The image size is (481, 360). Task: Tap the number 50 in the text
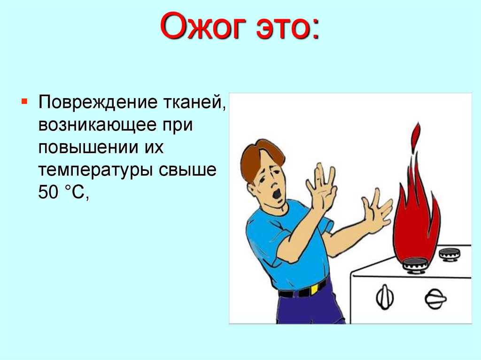click(49, 192)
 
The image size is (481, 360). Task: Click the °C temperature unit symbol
click(76, 192)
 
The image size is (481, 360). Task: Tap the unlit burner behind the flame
click(449, 254)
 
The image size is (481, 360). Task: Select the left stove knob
click(385, 297)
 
